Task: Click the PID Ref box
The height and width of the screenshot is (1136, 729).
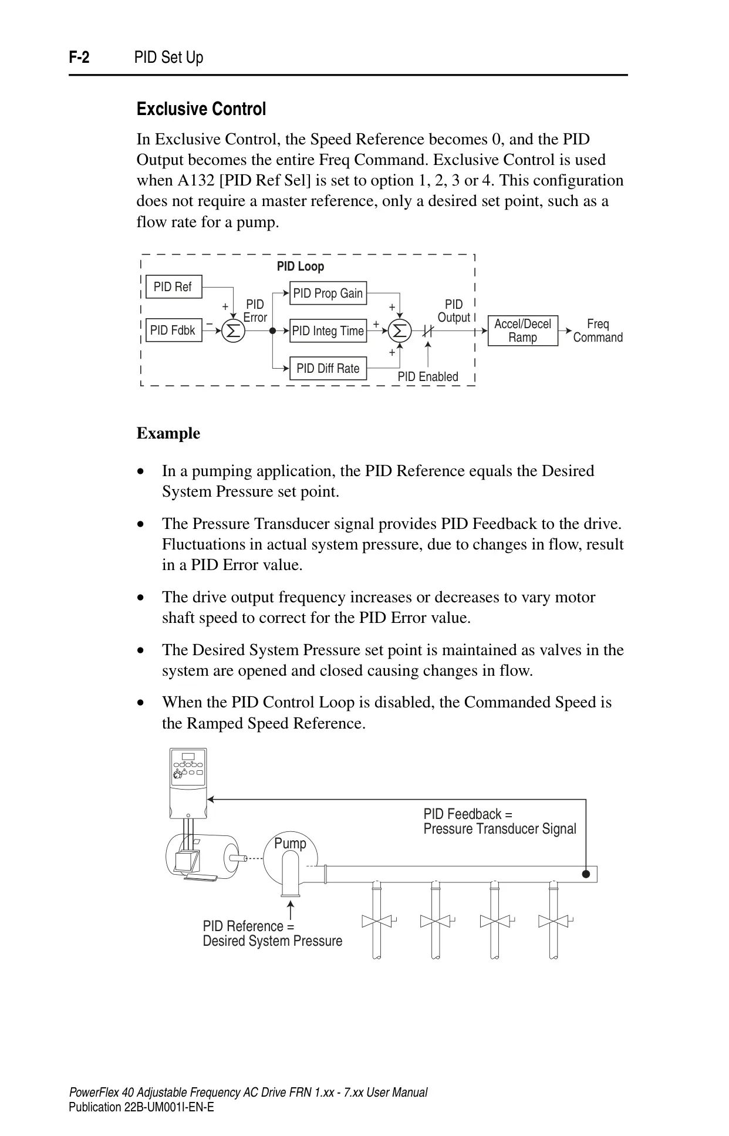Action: (173, 286)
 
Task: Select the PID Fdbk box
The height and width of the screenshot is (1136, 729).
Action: (173, 331)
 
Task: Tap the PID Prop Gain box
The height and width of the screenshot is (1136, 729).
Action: (328, 293)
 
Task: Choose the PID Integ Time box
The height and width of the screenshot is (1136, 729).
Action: (328, 331)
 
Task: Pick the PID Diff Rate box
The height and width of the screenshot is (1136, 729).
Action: (328, 368)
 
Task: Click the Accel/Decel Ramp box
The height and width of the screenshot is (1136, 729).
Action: (522, 331)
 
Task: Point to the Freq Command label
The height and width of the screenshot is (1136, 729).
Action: (598, 331)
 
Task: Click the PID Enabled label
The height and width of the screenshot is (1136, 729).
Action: (428, 377)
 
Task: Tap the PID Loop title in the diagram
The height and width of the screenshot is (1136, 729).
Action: (301, 267)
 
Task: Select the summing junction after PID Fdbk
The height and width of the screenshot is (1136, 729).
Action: (233, 331)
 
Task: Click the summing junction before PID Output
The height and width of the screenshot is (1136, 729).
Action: (400, 331)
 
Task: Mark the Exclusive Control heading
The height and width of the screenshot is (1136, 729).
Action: (201, 109)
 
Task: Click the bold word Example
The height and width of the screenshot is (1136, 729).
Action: (168, 433)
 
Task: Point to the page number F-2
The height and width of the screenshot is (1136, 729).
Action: (79, 58)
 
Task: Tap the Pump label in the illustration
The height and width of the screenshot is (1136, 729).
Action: (290, 844)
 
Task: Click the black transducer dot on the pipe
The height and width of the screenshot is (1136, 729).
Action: (586, 874)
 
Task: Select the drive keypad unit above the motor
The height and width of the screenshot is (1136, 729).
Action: (188, 783)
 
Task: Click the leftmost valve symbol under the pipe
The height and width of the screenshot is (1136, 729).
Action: (377, 921)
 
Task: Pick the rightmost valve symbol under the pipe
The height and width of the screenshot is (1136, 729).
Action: (553, 921)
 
